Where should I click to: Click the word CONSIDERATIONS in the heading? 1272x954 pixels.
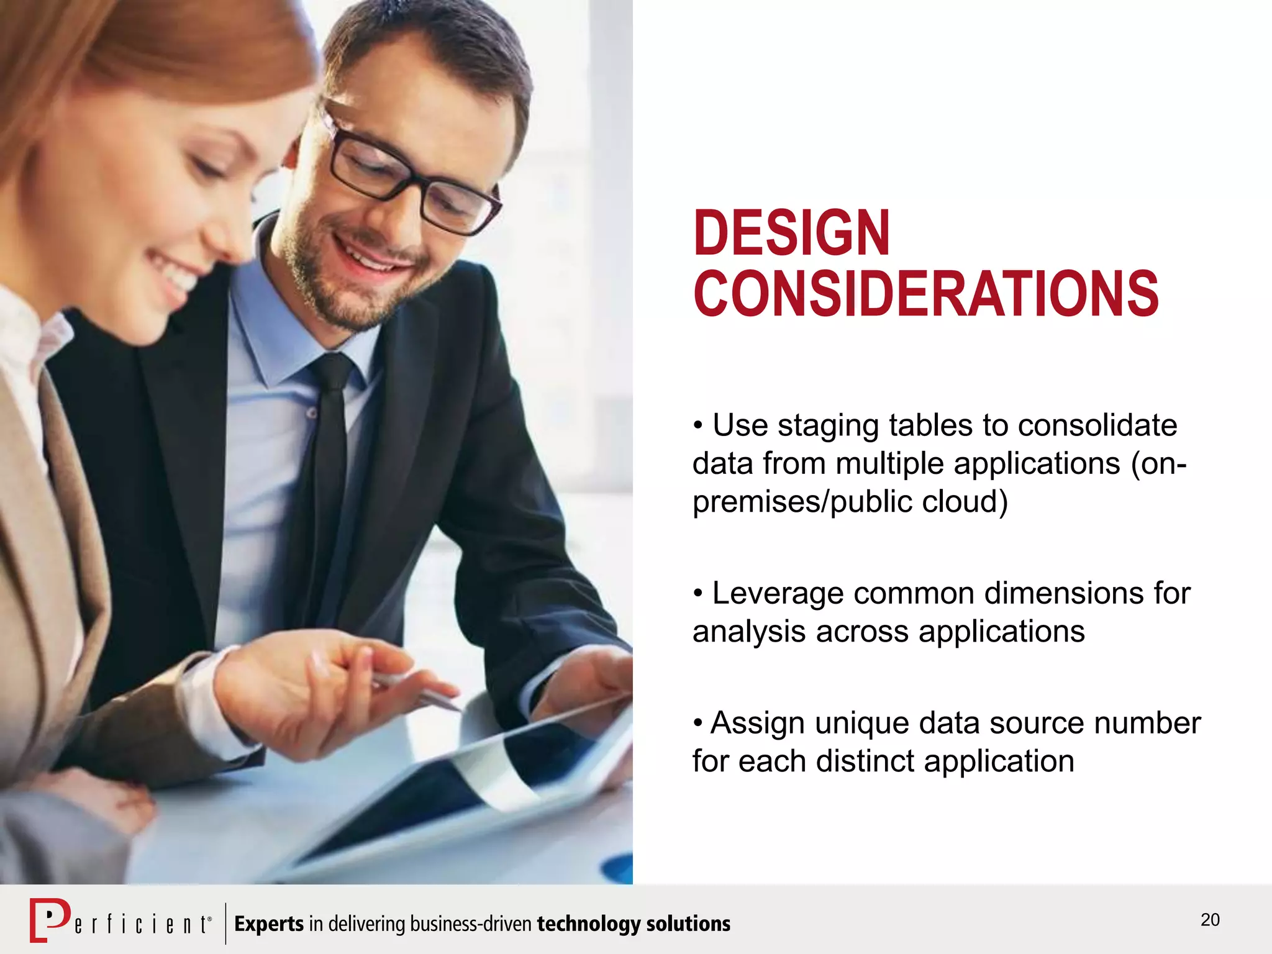[925, 293]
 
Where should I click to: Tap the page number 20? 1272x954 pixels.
[1210, 920]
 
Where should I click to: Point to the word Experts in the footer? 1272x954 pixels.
[269, 924]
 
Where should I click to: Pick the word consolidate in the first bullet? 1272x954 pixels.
[1097, 425]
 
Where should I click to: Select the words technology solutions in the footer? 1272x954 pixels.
[634, 924]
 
